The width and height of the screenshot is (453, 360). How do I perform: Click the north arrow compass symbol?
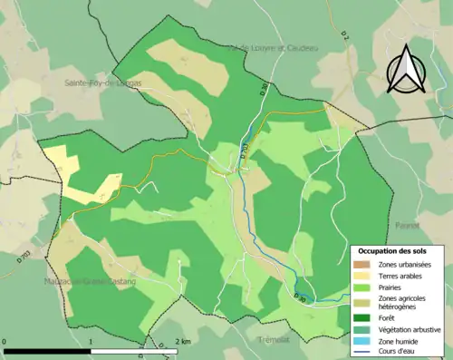coord(405,70)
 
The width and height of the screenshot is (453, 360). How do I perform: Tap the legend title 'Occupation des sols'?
coord(395,250)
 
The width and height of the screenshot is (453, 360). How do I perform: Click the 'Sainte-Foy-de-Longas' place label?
coord(102,83)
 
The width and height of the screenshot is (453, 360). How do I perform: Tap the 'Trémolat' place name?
coord(273,339)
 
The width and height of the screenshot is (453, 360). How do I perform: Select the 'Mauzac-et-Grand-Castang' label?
coord(92,282)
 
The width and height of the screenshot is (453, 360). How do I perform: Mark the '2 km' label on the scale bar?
coord(185,342)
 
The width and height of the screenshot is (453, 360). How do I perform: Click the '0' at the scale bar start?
coord(5,342)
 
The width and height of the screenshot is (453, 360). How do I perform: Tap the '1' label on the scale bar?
coord(92,342)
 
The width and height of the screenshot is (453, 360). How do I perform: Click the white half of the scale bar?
coord(136,350)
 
